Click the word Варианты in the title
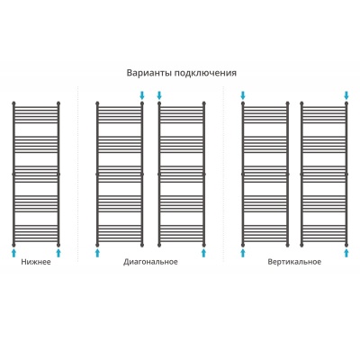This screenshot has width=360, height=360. pyautogui.click(x=149, y=73)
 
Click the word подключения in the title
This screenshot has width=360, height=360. pyautogui.click(x=205, y=74)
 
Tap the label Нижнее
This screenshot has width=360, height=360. pyautogui.click(x=36, y=262)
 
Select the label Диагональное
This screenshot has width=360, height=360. pyautogui.click(x=150, y=262)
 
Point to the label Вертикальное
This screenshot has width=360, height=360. pyautogui.click(x=294, y=262)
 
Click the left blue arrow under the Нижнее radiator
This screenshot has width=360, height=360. pyautogui.click(x=13, y=252)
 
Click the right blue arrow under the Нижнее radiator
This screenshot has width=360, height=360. pyautogui.click(x=58, y=252)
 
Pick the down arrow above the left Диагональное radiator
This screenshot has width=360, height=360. pyautogui.click(x=142, y=95)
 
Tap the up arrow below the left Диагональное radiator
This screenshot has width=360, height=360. pyautogui.click(x=97, y=252)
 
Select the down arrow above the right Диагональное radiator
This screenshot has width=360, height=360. pyautogui.click(x=159, y=95)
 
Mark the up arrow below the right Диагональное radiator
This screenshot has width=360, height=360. pyautogui.click(x=204, y=252)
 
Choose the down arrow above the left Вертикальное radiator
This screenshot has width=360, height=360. pyautogui.click(x=243, y=95)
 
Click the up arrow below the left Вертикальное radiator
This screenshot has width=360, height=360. pyautogui.click(x=243, y=252)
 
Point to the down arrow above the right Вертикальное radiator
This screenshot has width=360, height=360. pyautogui.click(x=346, y=95)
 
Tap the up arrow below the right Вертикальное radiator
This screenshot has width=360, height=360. pyautogui.click(x=346, y=252)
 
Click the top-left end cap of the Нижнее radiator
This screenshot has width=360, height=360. pyautogui.click(x=13, y=103)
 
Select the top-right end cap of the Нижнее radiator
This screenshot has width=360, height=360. pyautogui.click(x=58, y=103)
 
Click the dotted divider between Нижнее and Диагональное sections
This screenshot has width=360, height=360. pyautogui.click(x=78, y=174)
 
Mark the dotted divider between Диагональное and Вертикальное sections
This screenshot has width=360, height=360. pyautogui.click(x=223, y=174)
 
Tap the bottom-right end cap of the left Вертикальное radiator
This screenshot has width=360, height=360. pyautogui.click(x=288, y=245)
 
